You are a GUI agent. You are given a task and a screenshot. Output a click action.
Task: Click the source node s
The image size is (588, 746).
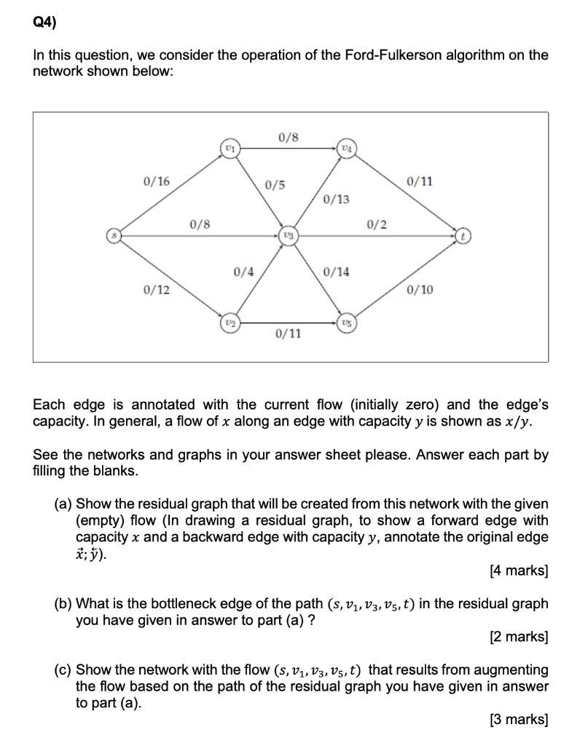(x=112, y=235)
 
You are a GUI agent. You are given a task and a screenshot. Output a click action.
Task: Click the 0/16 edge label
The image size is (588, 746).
(x=156, y=180)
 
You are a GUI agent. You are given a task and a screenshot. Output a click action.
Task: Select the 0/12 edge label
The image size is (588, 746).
(x=156, y=290)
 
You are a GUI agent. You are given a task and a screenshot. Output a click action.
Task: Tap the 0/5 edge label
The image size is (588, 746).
(x=275, y=184)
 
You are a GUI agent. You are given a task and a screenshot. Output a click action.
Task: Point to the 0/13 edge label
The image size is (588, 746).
(x=336, y=199)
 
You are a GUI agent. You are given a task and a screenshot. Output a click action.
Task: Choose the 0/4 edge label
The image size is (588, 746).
(x=243, y=272)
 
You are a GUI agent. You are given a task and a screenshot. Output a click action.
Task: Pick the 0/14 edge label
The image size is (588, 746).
(x=336, y=272)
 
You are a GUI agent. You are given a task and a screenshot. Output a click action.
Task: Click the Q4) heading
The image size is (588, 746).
(x=44, y=22)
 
